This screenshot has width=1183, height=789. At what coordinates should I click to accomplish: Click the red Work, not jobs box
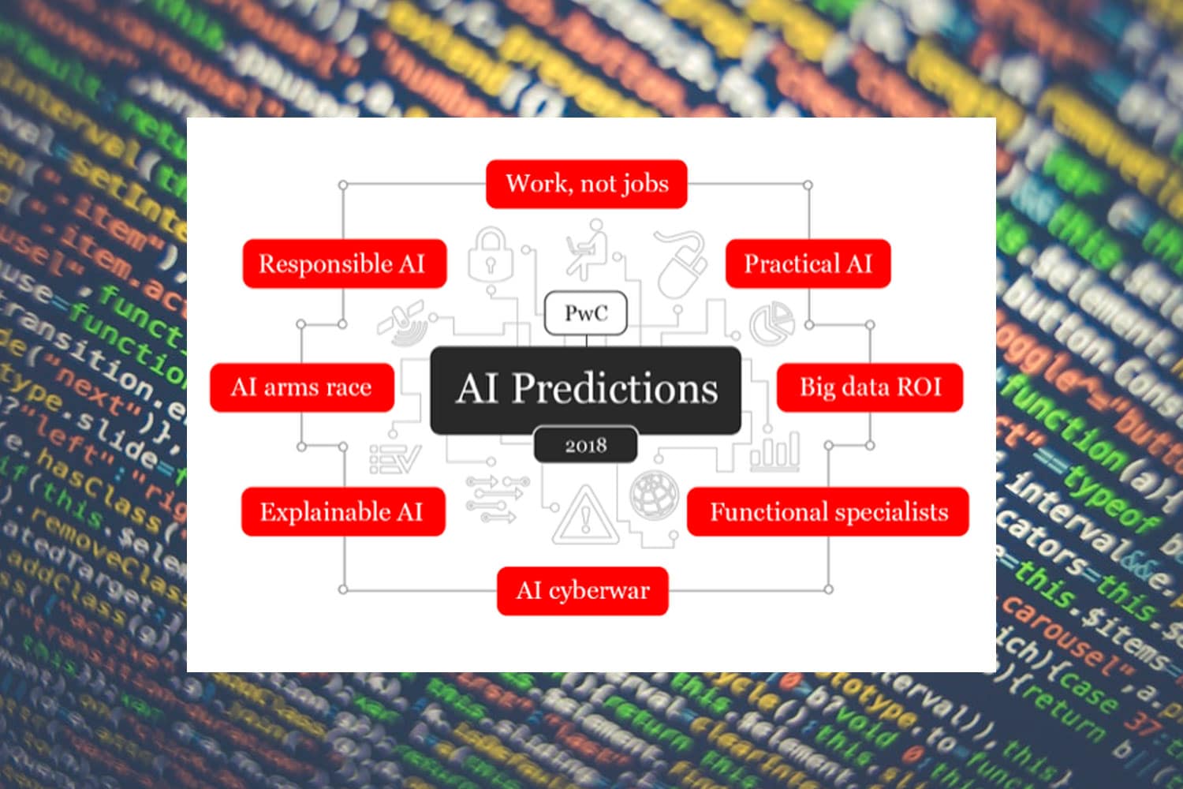coord(586,184)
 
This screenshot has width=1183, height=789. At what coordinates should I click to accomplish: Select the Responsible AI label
coord(344,264)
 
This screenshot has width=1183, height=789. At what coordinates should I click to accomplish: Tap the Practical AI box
coord(808,264)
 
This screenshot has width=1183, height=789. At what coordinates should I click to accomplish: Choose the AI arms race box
coord(301,387)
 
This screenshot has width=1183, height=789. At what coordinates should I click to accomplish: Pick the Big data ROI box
coord(870,387)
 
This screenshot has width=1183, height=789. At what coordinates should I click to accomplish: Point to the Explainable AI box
coord(343,512)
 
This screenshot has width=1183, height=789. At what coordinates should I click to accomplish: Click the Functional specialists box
coord(828,512)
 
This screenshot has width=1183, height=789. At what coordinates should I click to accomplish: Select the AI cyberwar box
coord(583,591)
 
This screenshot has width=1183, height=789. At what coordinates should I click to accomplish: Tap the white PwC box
coord(586,313)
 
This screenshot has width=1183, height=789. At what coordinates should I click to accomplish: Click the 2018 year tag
coord(586,446)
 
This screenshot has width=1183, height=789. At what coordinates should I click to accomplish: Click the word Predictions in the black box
coord(615,389)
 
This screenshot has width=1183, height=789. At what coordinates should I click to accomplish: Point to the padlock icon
coord(490,255)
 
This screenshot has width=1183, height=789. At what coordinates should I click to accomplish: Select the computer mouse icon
coord(681,264)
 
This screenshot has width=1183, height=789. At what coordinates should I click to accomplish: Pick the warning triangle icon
coord(584,516)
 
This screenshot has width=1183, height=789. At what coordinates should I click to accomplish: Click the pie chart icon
coord(771,323)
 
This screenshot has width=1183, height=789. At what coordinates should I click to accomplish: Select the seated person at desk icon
coord(588,249)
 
